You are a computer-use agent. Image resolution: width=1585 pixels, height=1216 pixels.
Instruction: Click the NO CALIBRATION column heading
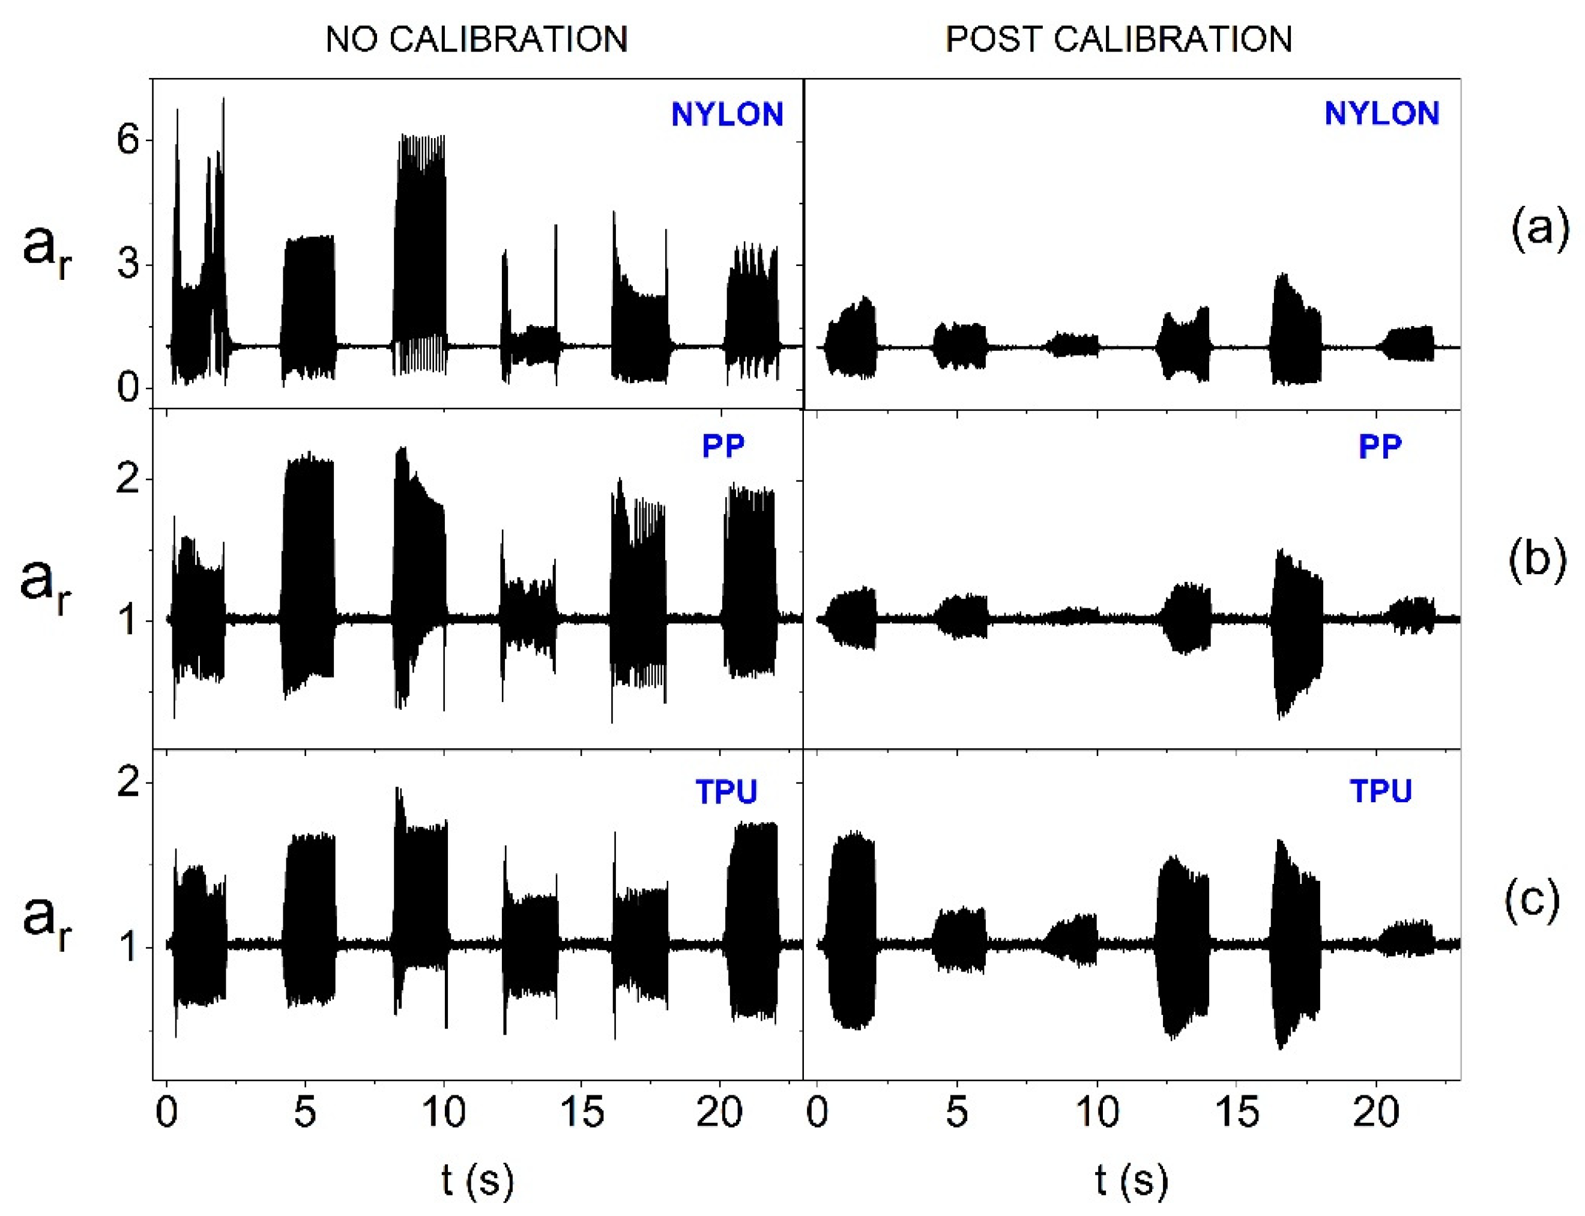(x=476, y=39)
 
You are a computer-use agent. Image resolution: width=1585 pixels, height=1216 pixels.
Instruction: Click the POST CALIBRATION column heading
(x=1119, y=39)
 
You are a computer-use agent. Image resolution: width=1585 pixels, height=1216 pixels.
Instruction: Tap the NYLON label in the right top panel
(x=1381, y=113)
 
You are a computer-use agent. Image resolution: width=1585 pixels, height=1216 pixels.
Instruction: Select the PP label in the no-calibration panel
(x=723, y=447)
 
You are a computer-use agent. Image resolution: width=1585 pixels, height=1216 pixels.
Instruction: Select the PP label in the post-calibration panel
(x=1380, y=447)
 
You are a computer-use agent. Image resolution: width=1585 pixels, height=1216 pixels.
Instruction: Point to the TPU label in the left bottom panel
(x=726, y=793)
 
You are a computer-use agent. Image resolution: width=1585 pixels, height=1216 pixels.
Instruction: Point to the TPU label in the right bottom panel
(x=1381, y=791)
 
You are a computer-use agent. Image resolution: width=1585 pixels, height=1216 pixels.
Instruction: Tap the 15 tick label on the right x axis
(x=1236, y=1112)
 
